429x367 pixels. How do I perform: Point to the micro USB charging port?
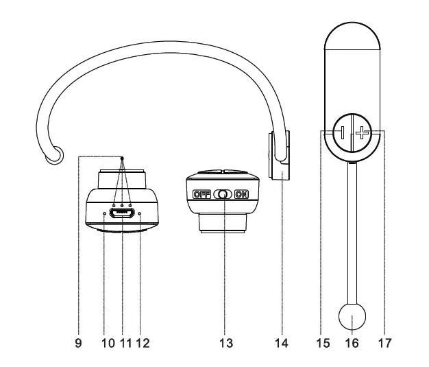coord(122,213)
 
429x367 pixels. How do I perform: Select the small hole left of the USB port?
coord(104,214)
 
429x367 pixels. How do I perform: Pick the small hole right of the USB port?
coord(140,214)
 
